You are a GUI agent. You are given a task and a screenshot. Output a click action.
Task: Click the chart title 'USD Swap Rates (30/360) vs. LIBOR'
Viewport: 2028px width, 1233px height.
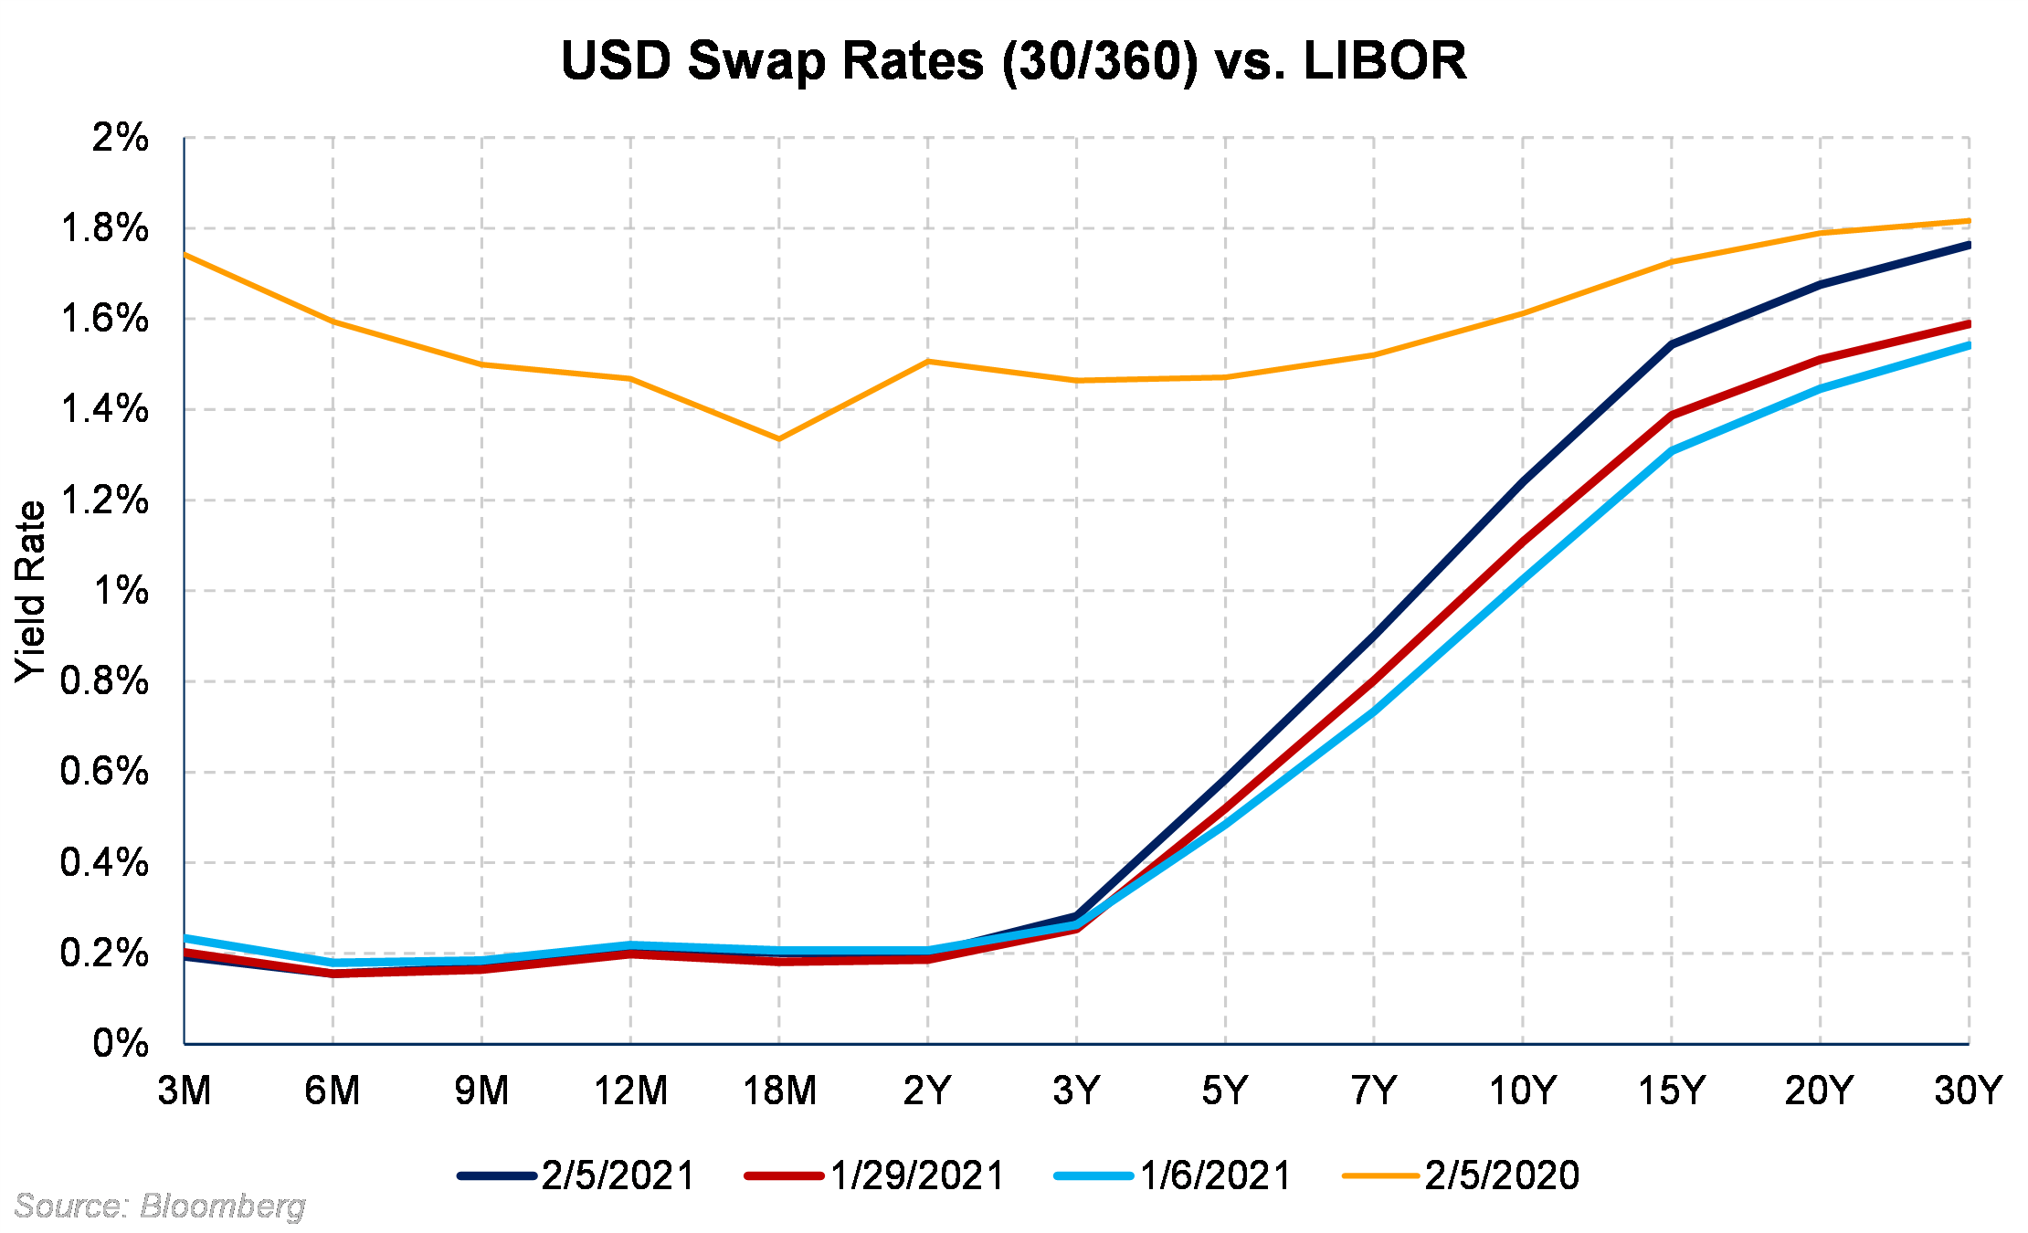point(1013,61)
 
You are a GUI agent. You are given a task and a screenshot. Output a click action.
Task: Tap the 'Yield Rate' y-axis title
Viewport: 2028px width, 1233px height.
point(31,591)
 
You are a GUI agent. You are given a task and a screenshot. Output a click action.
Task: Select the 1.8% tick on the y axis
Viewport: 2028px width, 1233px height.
point(104,228)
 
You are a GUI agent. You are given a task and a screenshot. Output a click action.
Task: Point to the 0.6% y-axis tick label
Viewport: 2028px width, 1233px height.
point(104,772)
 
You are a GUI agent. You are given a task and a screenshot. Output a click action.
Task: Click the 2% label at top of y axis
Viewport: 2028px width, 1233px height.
point(120,138)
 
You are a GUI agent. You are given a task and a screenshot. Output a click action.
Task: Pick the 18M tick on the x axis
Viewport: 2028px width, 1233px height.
point(779,1091)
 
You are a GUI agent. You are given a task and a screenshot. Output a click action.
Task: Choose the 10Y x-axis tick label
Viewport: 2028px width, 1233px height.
point(1522,1091)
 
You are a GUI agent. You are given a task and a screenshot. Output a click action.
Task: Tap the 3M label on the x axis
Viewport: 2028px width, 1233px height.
point(185,1091)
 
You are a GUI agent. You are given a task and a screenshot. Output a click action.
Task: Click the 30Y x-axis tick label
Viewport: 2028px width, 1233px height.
point(1968,1091)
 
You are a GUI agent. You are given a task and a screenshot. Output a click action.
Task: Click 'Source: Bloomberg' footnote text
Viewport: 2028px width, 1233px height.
point(160,1207)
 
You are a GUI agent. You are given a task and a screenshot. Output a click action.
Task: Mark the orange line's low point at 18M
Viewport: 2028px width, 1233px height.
point(779,439)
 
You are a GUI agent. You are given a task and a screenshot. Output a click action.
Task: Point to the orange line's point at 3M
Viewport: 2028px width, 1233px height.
point(185,255)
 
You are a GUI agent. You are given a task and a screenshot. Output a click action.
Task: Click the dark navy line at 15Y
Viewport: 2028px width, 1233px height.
point(1671,344)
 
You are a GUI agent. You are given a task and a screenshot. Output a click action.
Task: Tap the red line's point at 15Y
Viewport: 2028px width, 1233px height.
point(1671,416)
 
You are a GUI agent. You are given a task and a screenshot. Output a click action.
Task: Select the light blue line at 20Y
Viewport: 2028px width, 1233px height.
point(1820,389)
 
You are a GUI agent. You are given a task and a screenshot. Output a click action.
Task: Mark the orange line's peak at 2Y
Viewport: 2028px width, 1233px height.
point(928,362)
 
